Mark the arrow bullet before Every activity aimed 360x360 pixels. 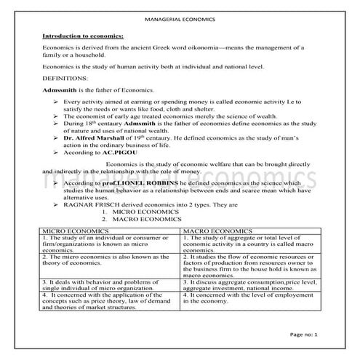click(56, 102)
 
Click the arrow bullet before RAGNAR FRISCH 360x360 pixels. click(56, 206)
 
